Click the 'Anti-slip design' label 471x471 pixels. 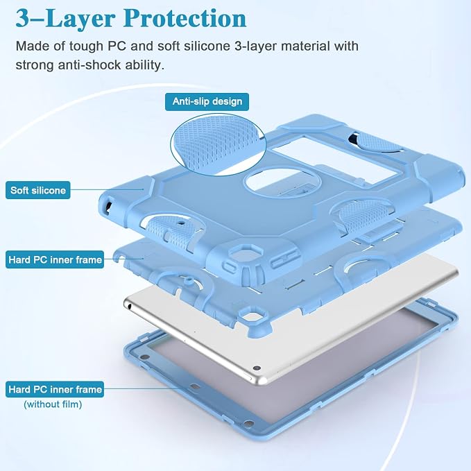click(207, 101)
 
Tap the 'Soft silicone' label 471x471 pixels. click(38, 190)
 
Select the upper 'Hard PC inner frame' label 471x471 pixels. click(55, 259)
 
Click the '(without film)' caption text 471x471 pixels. click(53, 404)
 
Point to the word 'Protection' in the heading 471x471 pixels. click(185, 19)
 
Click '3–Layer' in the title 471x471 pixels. click(65, 19)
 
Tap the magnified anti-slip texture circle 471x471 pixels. click(218, 145)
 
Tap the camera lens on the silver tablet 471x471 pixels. click(256, 368)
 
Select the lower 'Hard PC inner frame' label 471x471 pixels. click(55, 389)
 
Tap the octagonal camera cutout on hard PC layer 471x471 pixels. click(252, 318)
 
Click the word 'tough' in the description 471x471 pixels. click(86, 46)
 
